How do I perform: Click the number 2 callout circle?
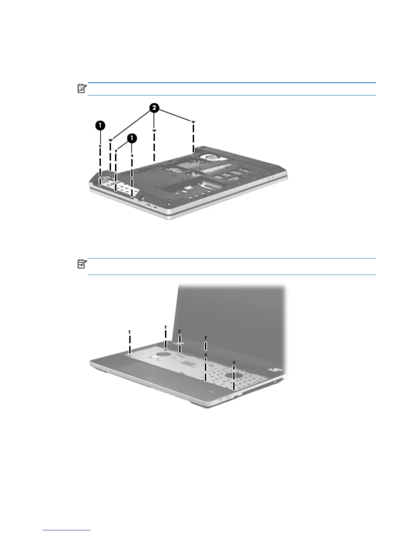pos(154,108)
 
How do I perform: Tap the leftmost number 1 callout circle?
pos(100,126)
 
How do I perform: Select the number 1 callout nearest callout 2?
pos(132,138)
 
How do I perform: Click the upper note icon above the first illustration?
pos(82,89)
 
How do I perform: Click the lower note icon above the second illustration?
pos(82,264)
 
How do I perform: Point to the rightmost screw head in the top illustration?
pos(194,121)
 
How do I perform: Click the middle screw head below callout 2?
pos(154,131)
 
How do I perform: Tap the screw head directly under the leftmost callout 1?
pos(100,146)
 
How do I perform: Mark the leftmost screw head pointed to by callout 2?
pos(110,139)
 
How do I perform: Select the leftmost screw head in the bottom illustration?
pos(130,331)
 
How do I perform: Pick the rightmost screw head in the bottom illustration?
pos(234,362)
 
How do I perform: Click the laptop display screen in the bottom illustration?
pos(229,316)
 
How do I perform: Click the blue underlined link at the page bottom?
pos(67,530)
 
